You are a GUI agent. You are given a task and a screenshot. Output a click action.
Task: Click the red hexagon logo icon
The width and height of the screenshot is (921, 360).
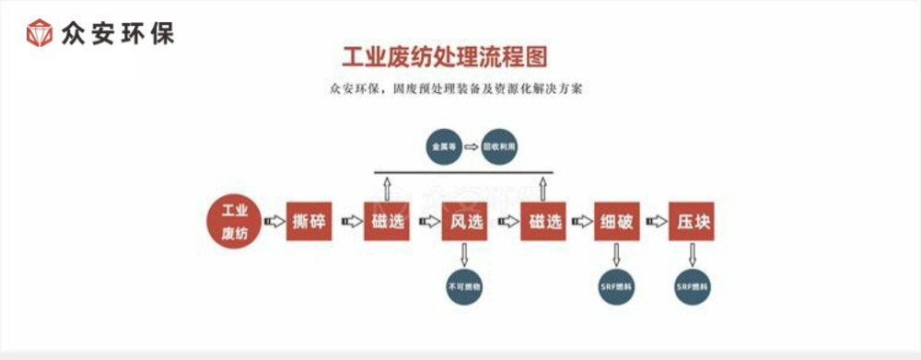tap(40, 34)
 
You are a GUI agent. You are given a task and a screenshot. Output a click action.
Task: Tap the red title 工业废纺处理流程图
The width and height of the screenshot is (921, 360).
tap(445, 57)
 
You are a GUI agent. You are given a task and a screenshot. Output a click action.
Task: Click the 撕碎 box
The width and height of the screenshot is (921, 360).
tap(309, 222)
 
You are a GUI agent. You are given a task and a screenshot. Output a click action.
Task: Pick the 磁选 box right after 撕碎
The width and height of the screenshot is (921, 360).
tap(387, 222)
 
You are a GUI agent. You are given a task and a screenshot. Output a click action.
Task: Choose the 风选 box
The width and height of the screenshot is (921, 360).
tap(464, 222)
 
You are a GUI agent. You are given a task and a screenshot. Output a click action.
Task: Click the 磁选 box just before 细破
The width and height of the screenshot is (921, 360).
tap(542, 222)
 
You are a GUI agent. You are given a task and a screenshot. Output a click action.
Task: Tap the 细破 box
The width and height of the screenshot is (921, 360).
tap(617, 222)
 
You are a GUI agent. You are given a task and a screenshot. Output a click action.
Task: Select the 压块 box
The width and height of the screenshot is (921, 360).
tap(693, 222)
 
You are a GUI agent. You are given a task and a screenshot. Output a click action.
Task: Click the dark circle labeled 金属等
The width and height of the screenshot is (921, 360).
tap(438, 146)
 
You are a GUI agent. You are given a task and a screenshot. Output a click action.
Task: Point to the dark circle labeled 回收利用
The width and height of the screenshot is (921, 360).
tap(502, 146)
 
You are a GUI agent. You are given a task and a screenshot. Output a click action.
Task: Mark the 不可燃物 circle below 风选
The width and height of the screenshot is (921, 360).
tap(464, 286)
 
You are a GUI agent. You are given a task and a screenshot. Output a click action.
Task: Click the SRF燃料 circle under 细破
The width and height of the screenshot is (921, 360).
tap(617, 286)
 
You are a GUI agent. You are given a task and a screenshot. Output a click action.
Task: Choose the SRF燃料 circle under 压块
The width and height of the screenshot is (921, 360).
tap(693, 286)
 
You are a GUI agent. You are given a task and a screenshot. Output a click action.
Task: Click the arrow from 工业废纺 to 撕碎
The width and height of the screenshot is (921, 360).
tap(274, 222)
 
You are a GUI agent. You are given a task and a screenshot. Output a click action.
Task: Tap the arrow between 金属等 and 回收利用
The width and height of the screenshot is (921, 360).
tap(471, 146)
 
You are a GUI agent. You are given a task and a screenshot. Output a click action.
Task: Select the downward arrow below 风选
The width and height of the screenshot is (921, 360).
tap(464, 254)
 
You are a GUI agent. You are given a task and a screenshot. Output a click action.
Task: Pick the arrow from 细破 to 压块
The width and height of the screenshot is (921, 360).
tap(656, 222)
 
